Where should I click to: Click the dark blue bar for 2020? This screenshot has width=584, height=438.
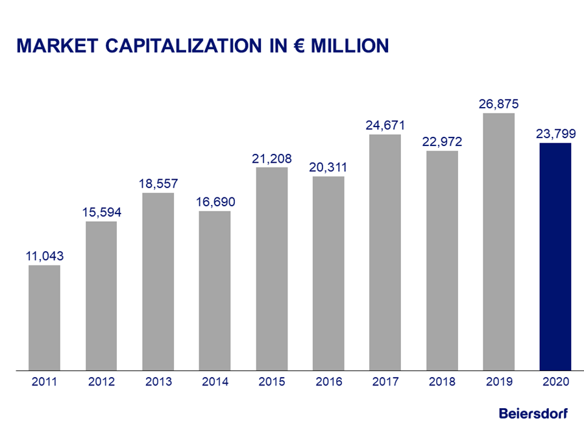555,256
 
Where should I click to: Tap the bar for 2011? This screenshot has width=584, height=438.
44,317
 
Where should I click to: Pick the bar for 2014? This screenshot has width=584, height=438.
215,290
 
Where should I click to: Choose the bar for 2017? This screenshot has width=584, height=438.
385,252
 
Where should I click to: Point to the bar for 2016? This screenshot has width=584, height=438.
328,273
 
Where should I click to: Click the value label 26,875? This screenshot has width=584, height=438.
498,104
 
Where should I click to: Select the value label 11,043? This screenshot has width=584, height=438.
44,256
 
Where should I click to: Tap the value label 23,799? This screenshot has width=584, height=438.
555,134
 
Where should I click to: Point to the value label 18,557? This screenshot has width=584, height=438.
158,184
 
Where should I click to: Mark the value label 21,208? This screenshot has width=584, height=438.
272,158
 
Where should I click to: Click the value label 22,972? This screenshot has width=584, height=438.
442,141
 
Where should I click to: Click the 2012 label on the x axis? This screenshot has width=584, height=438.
101,382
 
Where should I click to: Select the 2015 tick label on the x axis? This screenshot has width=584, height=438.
272,382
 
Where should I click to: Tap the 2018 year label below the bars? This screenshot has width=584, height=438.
442,382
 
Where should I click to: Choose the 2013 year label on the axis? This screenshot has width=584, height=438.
158,382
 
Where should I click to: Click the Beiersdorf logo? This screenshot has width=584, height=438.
533,413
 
